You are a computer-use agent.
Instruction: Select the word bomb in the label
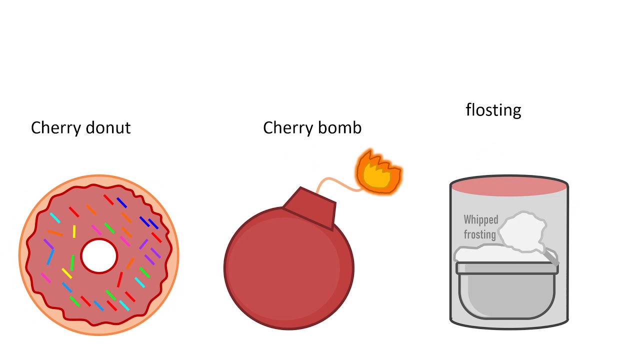coord(341,128)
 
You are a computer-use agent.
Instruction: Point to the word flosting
coord(493,110)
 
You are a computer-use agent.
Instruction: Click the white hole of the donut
coord(99,256)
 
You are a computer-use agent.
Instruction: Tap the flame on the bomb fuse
coord(379,171)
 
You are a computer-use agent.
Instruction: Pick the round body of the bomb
coord(288,270)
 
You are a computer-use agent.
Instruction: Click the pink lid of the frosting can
coord(508,187)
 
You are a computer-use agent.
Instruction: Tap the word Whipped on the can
coord(480,219)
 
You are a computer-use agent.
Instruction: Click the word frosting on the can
coord(479,234)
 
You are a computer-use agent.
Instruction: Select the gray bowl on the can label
coord(507,295)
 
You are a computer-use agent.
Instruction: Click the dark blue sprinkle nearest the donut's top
coord(121,202)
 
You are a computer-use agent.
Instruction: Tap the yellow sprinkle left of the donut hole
coord(74,231)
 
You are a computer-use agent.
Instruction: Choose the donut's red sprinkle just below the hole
coord(120,279)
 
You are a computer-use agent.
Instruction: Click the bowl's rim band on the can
coord(507,268)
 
